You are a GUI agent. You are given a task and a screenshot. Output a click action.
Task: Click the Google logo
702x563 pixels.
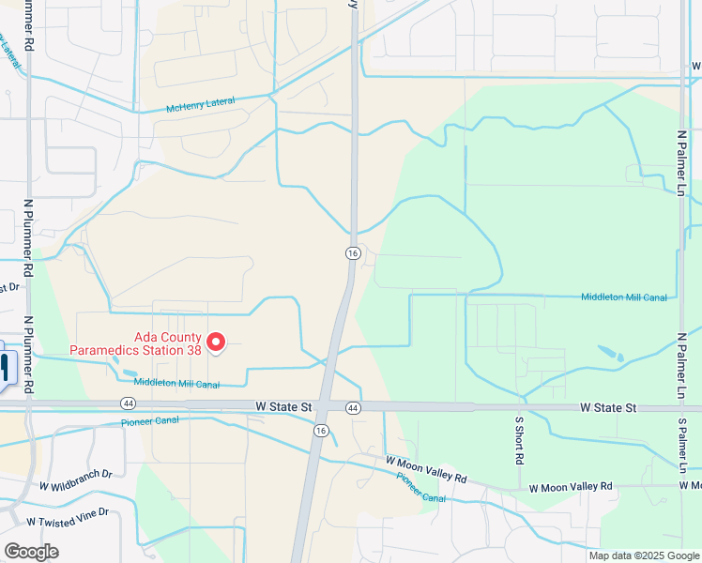tap(31, 552)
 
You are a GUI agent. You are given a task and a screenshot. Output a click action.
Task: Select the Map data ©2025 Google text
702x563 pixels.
tap(645, 555)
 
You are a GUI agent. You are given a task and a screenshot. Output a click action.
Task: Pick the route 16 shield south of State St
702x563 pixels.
tap(321, 430)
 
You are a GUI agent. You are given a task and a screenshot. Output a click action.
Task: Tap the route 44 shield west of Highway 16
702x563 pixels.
tap(127, 403)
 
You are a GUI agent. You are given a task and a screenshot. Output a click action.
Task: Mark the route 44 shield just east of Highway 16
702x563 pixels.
tap(353, 407)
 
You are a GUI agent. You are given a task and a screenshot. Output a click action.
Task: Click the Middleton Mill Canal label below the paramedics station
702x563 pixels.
tap(176, 383)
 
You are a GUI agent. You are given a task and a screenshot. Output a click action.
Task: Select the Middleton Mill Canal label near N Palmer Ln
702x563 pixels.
tap(624, 297)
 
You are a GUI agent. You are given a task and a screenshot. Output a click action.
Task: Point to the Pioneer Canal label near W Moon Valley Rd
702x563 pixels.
tap(420, 486)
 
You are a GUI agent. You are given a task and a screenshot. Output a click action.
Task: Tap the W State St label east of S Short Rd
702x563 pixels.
tap(608, 407)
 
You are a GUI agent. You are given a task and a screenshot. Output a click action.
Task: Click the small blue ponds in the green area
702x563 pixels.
tap(610, 354)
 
